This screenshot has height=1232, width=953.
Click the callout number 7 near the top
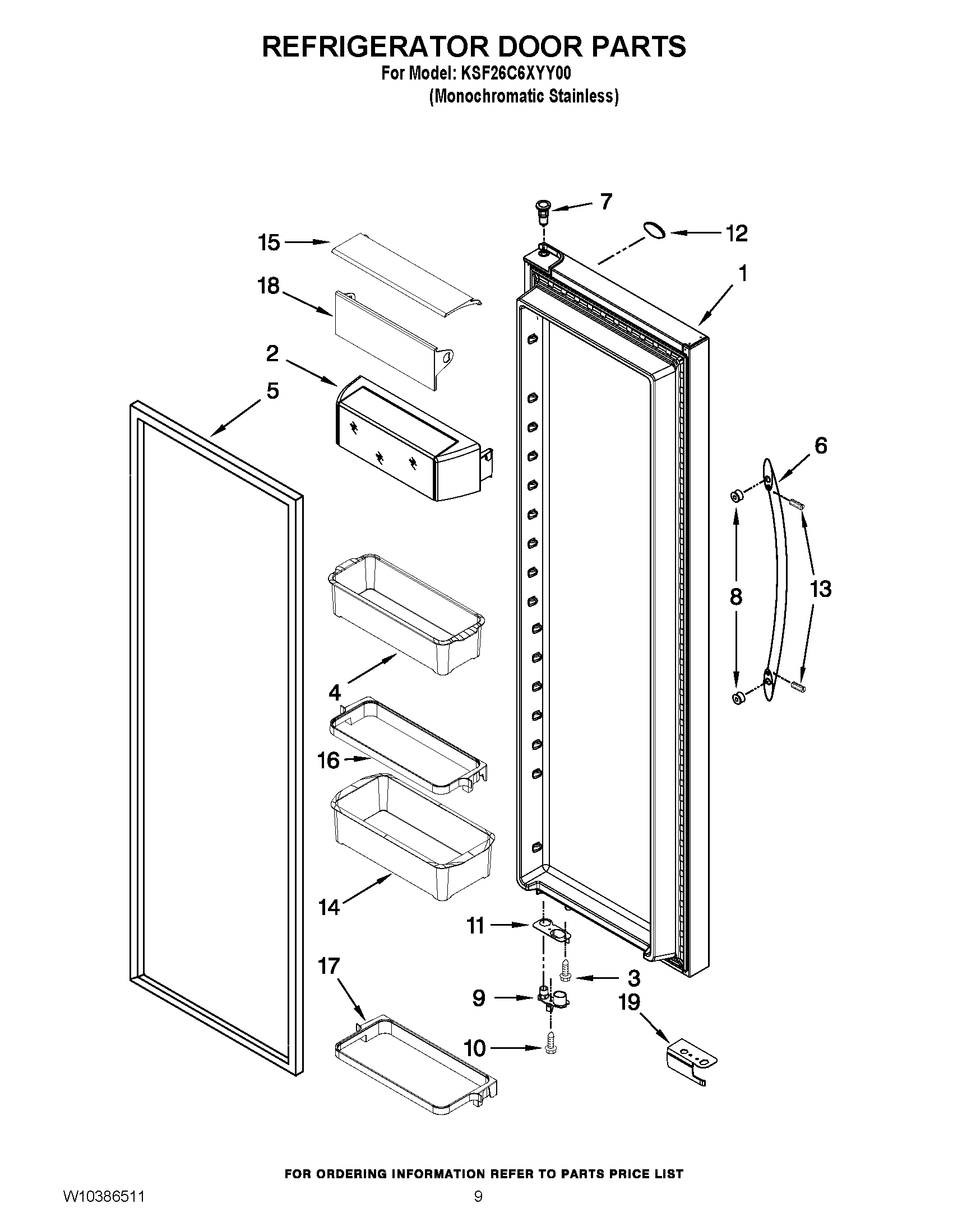[x=606, y=202]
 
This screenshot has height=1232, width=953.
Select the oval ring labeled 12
[x=653, y=231]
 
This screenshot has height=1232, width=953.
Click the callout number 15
[x=269, y=243]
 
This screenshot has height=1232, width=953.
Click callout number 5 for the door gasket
[x=272, y=391]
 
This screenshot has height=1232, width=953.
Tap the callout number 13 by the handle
[x=820, y=589]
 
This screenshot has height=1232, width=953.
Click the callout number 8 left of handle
[x=735, y=597]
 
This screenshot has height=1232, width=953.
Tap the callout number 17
[x=329, y=967]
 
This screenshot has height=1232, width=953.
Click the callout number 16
[x=329, y=760]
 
